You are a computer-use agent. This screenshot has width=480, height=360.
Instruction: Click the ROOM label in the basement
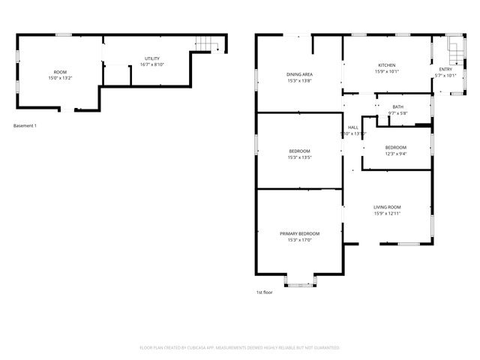click(x=60, y=72)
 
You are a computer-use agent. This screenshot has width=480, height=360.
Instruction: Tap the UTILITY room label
click(x=152, y=58)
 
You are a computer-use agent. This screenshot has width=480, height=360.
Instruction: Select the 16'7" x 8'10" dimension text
click(x=152, y=64)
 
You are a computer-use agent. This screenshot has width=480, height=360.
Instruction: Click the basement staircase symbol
click(x=207, y=44)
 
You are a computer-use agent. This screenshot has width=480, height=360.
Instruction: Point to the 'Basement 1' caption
click(x=25, y=125)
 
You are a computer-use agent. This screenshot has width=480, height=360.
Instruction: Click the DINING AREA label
click(x=299, y=74)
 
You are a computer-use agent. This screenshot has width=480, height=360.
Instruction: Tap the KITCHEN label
click(x=387, y=65)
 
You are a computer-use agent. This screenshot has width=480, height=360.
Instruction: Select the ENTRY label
click(x=445, y=69)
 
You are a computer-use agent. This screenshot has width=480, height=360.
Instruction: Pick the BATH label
click(x=397, y=107)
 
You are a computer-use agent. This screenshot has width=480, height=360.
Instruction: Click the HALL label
click(x=352, y=127)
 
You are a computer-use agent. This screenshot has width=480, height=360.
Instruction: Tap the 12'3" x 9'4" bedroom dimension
click(x=396, y=154)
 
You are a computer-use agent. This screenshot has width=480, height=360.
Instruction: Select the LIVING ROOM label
click(x=388, y=207)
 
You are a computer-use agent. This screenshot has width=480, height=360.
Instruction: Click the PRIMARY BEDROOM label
click(x=299, y=234)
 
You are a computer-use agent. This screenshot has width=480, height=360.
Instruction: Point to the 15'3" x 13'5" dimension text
click(x=299, y=157)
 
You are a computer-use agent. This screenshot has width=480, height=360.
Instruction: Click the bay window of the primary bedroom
click(x=299, y=283)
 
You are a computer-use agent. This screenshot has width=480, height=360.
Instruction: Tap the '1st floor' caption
click(x=264, y=292)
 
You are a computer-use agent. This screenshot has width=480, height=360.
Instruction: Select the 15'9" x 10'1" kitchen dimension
click(x=387, y=71)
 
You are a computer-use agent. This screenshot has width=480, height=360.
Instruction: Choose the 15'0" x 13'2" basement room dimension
click(x=60, y=78)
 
